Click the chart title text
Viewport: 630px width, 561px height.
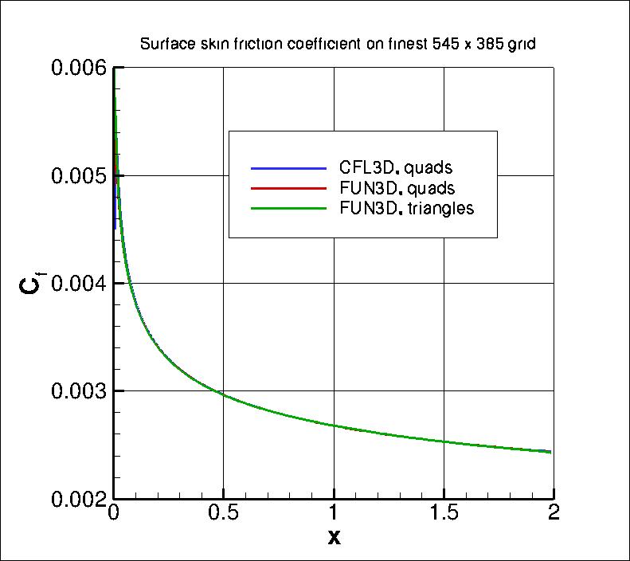[x=337, y=45]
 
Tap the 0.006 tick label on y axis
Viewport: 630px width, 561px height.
[x=78, y=69]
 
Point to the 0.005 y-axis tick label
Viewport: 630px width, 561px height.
[x=78, y=176]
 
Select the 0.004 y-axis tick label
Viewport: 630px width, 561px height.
[x=78, y=284]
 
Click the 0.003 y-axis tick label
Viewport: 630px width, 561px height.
[x=78, y=391]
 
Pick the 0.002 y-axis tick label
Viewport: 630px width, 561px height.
[x=78, y=499]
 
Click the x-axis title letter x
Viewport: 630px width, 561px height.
[x=334, y=538]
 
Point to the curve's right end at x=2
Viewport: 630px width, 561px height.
[x=551, y=452]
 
